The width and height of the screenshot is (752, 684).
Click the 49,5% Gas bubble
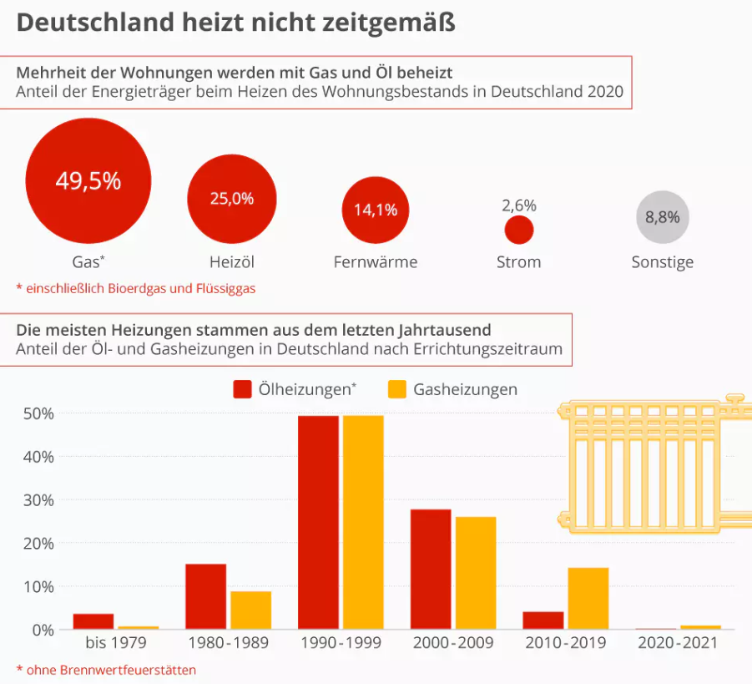88,180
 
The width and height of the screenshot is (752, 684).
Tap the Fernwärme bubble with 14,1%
375,210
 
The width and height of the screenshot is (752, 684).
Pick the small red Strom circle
519,230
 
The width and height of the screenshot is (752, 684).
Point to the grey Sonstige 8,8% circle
663,217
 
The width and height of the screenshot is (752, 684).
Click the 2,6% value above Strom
519,205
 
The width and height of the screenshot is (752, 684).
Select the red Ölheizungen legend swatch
243,389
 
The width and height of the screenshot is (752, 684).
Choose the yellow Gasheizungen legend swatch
397,389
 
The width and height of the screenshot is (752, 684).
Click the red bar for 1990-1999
318,522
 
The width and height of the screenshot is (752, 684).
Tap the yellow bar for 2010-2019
588,598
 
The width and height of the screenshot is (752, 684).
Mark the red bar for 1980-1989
205,596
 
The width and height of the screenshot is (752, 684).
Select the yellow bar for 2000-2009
476,573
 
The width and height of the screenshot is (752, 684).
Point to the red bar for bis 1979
93,621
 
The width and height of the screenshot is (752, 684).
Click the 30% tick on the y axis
38,499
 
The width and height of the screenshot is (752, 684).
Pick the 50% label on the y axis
38,413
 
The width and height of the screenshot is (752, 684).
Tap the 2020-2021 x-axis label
678,643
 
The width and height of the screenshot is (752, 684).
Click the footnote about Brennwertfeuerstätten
106,669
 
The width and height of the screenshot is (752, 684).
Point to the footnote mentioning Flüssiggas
135,288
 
